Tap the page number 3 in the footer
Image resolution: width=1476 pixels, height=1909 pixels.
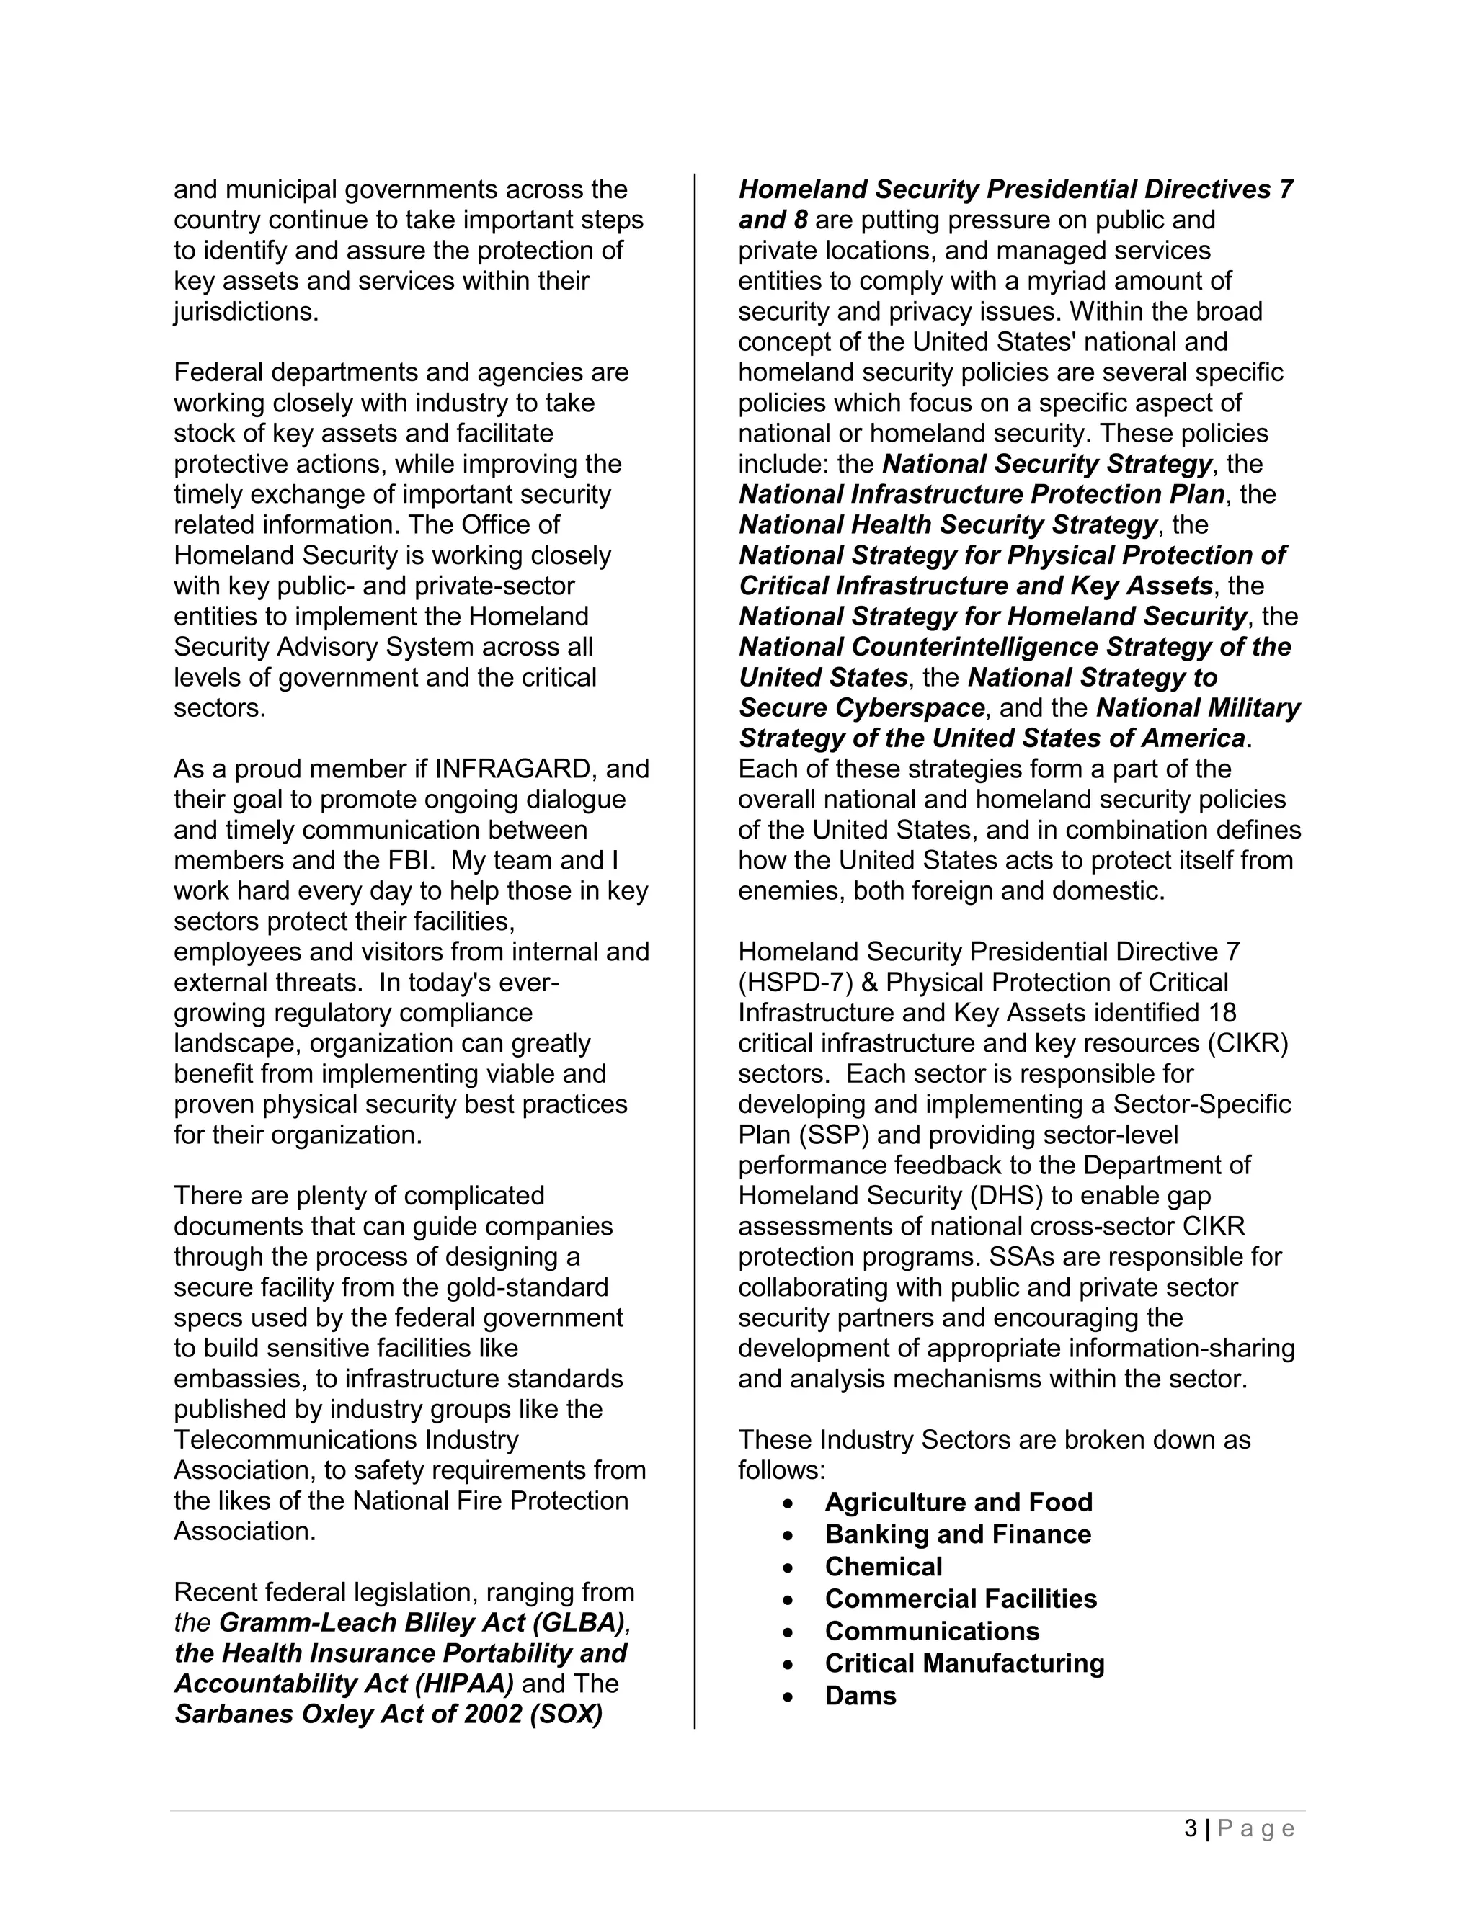[1191, 1828]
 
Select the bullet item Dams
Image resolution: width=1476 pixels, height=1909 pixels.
[861, 1696]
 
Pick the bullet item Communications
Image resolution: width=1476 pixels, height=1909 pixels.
[932, 1631]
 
